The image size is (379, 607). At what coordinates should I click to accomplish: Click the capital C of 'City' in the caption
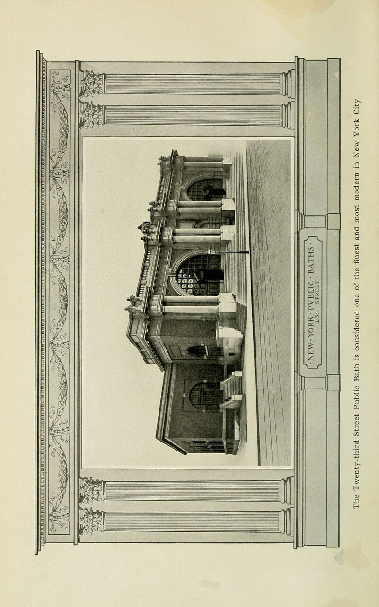(x=356, y=111)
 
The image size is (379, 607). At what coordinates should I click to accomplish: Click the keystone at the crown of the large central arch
(x=170, y=271)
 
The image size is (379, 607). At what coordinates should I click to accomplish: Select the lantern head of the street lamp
(x=209, y=252)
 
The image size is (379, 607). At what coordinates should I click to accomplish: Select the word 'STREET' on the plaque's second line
(x=317, y=294)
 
